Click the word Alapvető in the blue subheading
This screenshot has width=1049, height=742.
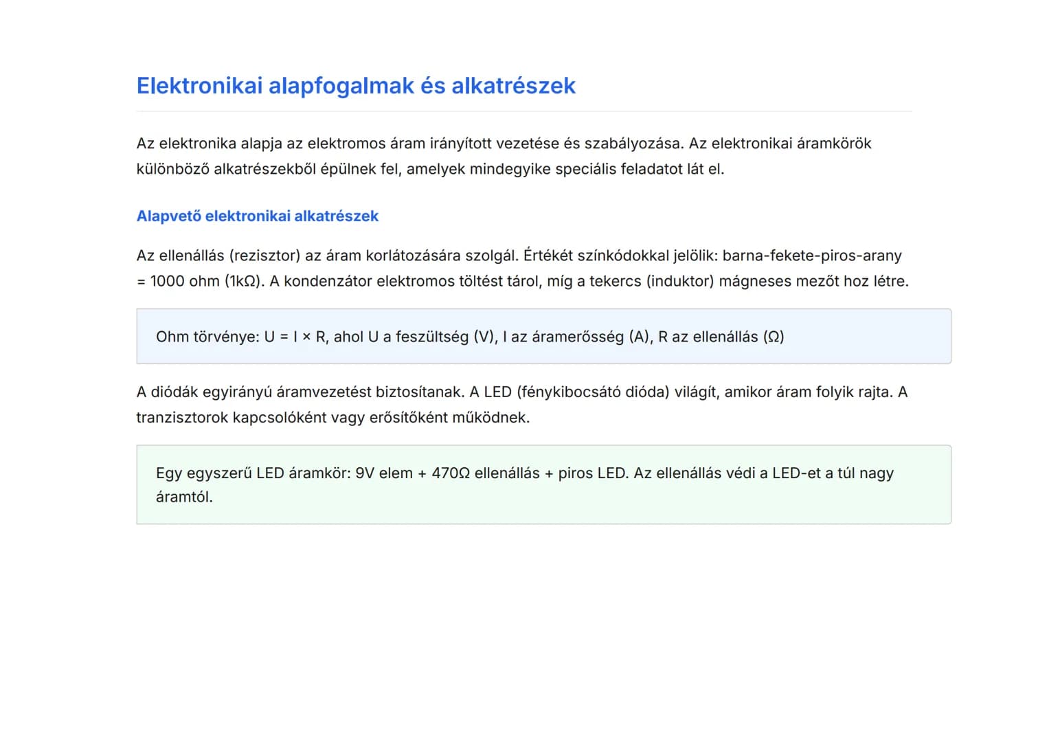coord(168,216)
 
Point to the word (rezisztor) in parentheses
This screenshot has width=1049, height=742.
coord(264,256)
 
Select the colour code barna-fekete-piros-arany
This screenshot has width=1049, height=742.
coord(812,256)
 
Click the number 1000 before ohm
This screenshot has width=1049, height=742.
coord(166,281)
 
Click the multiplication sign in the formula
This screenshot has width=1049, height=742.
coord(306,337)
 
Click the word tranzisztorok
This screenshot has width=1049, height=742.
coord(181,418)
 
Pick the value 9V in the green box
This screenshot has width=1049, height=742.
coord(365,473)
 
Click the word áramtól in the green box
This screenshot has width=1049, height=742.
coord(184,497)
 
